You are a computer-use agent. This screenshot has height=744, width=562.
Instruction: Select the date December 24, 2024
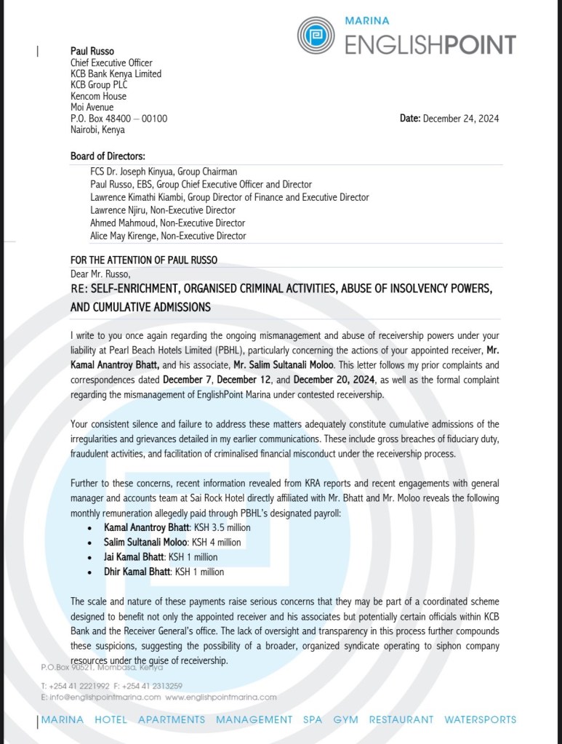tap(460, 119)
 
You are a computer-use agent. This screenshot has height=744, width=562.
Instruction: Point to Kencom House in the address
tap(98, 96)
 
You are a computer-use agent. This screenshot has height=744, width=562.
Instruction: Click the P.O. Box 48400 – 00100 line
tap(119, 119)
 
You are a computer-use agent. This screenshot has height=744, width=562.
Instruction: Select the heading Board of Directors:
tap(108, 156)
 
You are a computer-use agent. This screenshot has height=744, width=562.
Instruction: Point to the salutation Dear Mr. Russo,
tap(100, 273)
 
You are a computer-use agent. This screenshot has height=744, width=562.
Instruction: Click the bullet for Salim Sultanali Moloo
tap(89, 543)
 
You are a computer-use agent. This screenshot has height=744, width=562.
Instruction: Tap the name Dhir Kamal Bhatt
tap(137, 572)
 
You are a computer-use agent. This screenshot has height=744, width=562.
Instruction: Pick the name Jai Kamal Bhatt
tap(135, 557)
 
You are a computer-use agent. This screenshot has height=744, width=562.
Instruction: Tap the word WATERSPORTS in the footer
tap(481, 720)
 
